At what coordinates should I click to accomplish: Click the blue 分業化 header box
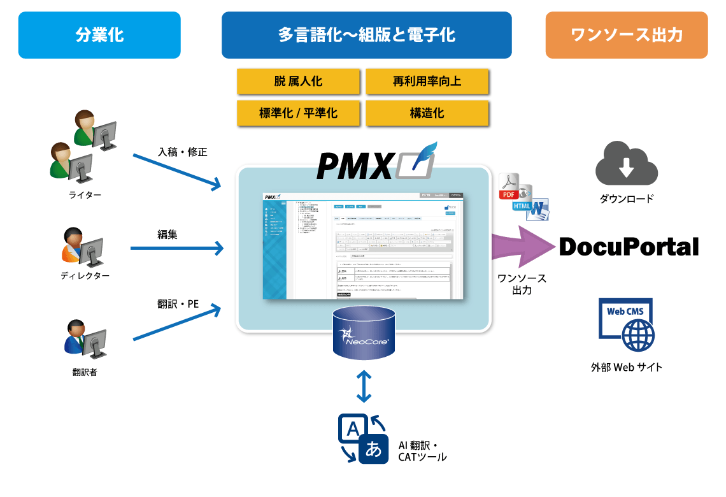[x=99, y=35]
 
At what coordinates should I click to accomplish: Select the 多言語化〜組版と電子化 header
[x=366, y=35]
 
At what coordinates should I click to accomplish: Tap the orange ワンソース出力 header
[x=627, y=35]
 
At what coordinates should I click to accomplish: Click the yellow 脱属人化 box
[x=298, y=82]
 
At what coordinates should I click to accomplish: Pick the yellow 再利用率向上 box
[x=427, y=82]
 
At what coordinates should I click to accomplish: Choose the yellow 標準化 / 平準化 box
[x=298, y=113]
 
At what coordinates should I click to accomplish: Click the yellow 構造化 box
[x=427, y=113]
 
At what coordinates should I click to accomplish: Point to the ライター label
[x=85, y=194]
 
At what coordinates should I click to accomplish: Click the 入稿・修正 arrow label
[x=183, y=152]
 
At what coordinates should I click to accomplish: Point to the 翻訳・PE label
[x=178, y=304]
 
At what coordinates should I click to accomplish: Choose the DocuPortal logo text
[x=629, y=247]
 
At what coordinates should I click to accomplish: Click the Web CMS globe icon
[x=627, y=326]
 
